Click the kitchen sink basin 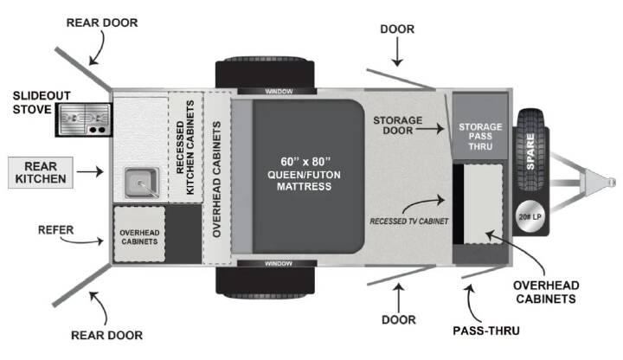(142, 183)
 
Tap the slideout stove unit (84, 119)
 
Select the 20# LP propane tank (530, 217)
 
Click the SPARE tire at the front (530, 151)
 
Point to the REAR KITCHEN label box (41, 172)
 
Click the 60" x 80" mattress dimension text (305, 161)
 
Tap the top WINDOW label (279, 92)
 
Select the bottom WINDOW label (278, 263)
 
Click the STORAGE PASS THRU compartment (480, 126)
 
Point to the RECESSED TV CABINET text (408, 222)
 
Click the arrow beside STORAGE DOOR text (430, 129)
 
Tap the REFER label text (55, 229)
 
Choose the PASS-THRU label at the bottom (486, 331)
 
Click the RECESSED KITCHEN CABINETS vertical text (185, 147)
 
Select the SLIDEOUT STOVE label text (42, 102)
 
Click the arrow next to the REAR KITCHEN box (90, 171)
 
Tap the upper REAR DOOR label (102, 22)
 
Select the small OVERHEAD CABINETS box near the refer (139, 234)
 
